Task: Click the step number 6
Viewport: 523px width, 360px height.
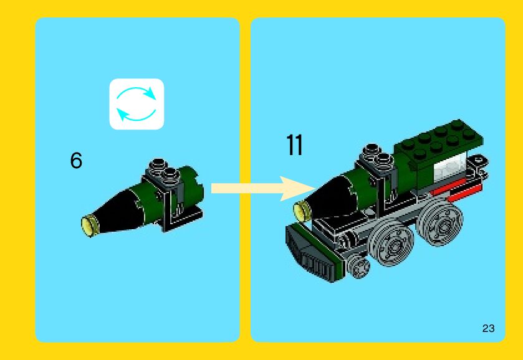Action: tap(76, 161)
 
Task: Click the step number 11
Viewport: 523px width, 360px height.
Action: tap(294, 144)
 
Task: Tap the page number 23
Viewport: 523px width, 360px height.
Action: tap(488, 328)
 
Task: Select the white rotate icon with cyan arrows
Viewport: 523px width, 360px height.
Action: tap(137, 104)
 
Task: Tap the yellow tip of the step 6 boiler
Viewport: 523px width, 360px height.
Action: tap(90, 223)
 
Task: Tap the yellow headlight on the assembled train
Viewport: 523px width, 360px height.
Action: tap(302, 211)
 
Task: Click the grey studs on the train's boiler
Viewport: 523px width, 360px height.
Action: tap(373, 153)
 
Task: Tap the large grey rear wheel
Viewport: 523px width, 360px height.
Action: tap(440, 222)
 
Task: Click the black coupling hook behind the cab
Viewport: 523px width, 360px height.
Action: tap(479, 161)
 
